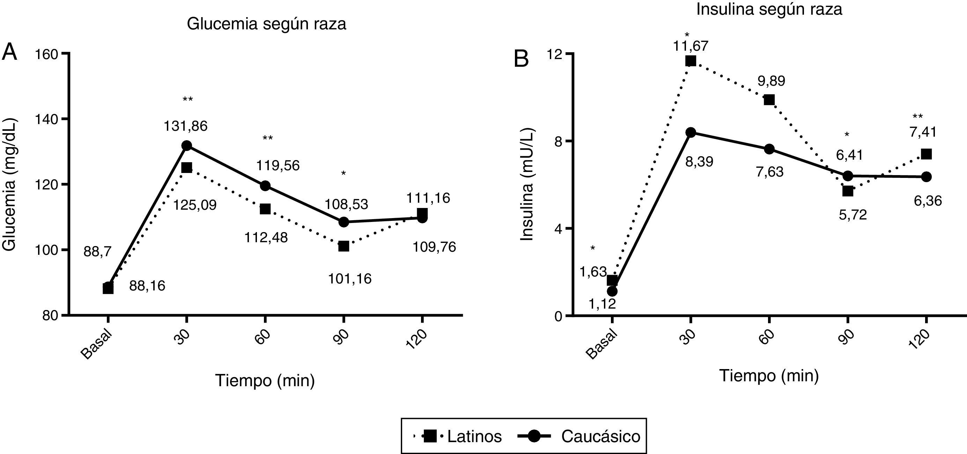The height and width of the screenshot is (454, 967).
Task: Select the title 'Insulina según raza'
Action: click(x=769, y=9)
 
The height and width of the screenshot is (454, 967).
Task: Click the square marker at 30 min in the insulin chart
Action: click(x=690, y=61)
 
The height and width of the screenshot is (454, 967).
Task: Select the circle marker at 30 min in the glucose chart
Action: click(x=186, y=145)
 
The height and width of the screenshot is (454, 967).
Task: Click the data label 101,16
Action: click(x=349, y=279)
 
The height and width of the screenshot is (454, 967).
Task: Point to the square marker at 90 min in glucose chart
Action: click(x=344, y=246)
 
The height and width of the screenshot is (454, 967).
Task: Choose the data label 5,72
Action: click(x=853, y=215)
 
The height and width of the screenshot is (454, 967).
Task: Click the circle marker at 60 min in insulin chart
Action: click(x=769, y=149)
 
